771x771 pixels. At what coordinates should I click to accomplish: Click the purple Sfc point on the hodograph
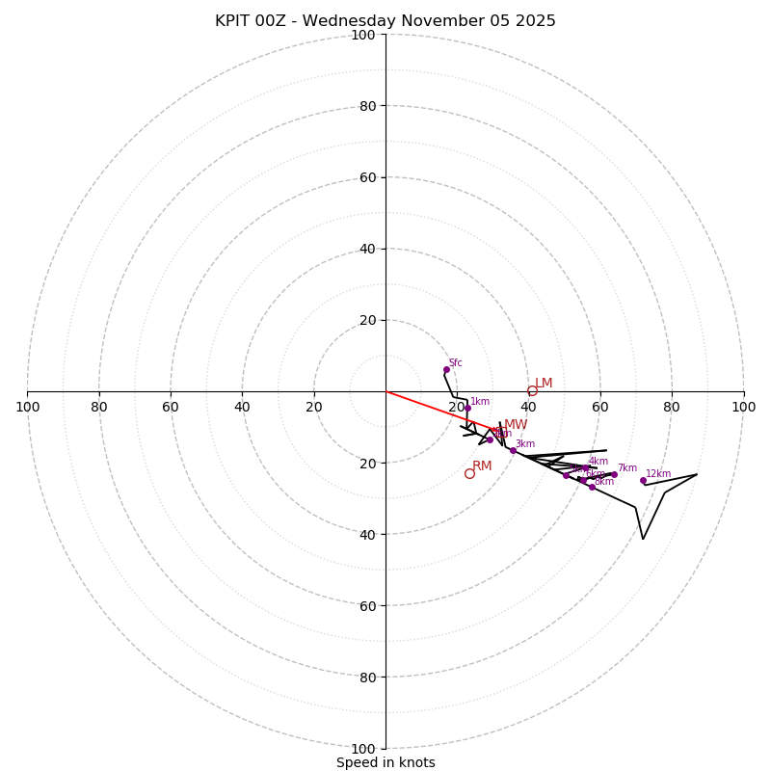coord(446,369)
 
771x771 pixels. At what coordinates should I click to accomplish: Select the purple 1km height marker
coord(467,408)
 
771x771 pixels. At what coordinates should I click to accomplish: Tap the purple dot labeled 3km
coord(513,450)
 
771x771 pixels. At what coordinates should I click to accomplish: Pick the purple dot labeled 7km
coord(614,474)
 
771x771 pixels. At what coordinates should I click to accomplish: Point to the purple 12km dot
coord(643,480)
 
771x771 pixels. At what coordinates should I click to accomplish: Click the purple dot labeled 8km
coord(592,487)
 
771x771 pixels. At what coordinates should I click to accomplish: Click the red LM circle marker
coord(532,390)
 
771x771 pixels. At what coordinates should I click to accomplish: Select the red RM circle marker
coord(469,473)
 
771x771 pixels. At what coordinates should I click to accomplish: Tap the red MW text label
coord(516,425)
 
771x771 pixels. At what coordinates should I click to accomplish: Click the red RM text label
coord(482,466)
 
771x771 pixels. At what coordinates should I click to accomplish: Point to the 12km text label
coord(658,474)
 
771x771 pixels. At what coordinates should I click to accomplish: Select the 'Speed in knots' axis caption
coord(385,763)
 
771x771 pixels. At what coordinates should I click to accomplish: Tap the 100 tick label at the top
coord(363,35)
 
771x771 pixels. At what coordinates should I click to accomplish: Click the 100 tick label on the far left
coord(27,407)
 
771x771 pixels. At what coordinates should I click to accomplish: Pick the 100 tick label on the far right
coord(743,407)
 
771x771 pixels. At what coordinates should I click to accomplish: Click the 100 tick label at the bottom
coord(363,748)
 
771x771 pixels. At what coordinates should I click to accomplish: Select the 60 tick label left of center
coord(171,407)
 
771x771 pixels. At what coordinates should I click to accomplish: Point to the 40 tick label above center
coord(366,249)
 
